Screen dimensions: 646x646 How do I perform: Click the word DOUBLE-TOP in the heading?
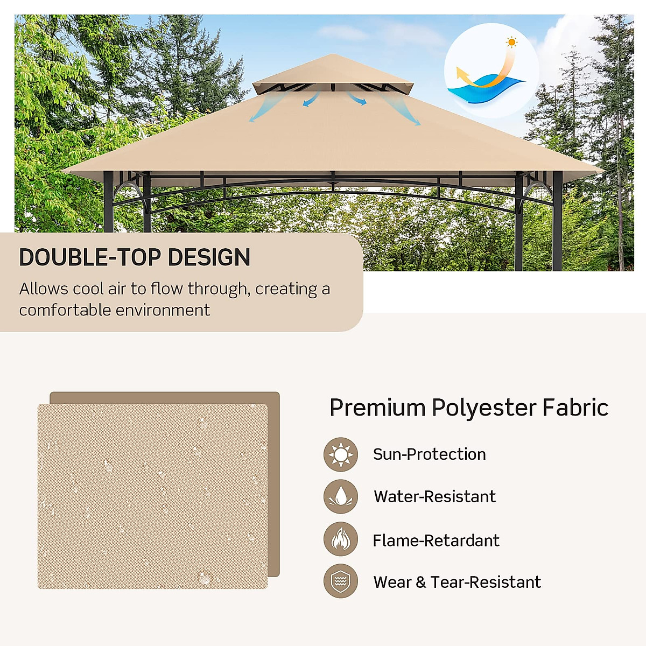(x=90, y=258)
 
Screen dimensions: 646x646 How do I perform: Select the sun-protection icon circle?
(x=341, y=454)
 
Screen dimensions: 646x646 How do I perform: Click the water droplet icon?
(x=341, y=496)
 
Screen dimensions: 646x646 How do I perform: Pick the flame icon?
(x=341, y=539)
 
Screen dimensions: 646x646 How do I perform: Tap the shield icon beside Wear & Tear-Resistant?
(x=341, y=581)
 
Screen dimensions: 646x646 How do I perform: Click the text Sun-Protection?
(x=429, y=454)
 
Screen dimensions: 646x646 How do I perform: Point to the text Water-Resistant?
(x=434, y=496)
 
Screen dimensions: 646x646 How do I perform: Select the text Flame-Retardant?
(x=436, y=540)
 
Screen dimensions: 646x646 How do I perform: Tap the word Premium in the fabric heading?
(x=377, y=408)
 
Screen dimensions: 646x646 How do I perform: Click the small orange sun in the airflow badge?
(x=511, y=42)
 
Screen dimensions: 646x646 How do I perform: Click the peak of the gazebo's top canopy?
(x=333, y=55)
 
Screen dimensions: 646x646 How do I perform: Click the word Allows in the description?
(x=44, y=289)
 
